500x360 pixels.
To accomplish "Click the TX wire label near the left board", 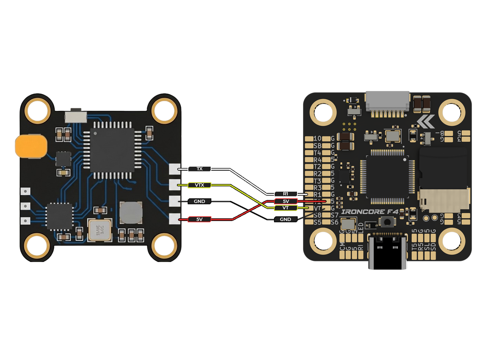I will (x=199, y=169).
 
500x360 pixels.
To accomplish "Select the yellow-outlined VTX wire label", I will (x=199, y=185).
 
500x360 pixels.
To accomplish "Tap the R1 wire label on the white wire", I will (x=285, y=194).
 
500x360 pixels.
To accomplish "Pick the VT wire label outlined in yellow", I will (x=285, y=208).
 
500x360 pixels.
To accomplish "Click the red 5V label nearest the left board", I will (x=199, y=219).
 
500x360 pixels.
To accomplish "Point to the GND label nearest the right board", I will (x=285, y=219).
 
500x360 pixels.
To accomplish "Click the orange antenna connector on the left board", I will (x=31, y=146).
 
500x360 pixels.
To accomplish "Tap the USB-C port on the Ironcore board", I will (x=388, y=248).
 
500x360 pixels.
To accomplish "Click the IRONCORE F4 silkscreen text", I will (x=370, y=212).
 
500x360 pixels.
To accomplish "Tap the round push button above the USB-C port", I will (x=388, y=221).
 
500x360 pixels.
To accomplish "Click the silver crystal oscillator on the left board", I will (x=100, y=229).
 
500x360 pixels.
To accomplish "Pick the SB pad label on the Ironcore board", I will (x=318, y=146).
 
